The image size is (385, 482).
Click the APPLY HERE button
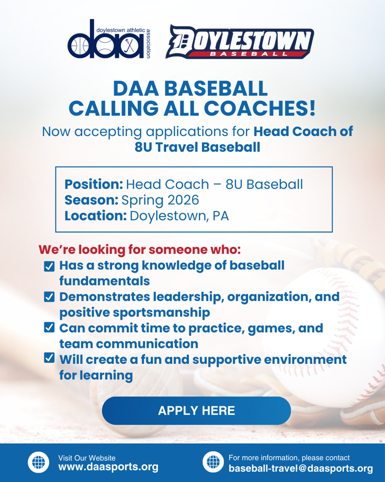pyautogui.click(x=196, y=410)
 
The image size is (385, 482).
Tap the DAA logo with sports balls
pyautogui.click(x=109, y=39)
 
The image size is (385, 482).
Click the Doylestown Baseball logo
pyautogui.click(x=239, y=41)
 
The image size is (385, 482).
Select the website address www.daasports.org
pyautogui.click(x=109, y=467)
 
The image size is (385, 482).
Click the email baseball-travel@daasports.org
pyautogui.click(x=301, y=468)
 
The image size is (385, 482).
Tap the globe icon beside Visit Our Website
pyautogui.click(x=39, y=462)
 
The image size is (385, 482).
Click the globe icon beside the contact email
pyautogui.click(x=213, y=462)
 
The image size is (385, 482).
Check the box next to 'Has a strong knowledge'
pyautogui.click(x=49, y=266)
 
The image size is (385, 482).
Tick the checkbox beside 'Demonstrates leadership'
pyautogui.click(x=49, y=297)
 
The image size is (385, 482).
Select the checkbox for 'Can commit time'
pyautogui.click(x=49, y=327)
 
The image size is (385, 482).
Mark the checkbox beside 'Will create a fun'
pyautogui.click(x=49, y=358)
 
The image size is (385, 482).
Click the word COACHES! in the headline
pyautogui.click(x=259, y=108)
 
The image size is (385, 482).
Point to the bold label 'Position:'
pyautogui.click(x=94, y=185)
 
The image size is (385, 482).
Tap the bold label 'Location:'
pyautogui.click(x=95, y=216)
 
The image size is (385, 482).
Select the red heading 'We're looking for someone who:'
pyautogui.click(x=140, y=249)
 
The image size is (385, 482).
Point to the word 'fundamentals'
pyautogui.click(x=104, y=281)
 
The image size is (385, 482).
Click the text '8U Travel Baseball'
pyautogui.click(x=197, y=147)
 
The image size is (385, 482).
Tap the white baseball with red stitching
pyautogui.click(x=325, y=335)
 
